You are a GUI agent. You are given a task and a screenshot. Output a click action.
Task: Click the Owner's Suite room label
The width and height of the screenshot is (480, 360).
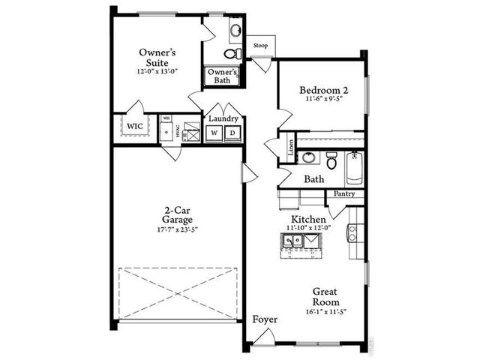tap(157, 58)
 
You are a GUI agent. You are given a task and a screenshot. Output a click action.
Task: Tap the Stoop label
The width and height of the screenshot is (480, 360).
tap(260, 45)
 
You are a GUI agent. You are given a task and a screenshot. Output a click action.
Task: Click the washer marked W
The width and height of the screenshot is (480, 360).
tap(214, 133)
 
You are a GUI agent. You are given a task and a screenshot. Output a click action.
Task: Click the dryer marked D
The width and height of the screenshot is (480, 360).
tap(232, 133)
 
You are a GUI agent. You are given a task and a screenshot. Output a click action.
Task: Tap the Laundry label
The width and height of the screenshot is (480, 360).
tap(223, 118)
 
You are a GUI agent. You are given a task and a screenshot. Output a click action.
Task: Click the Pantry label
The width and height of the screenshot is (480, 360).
tap(344, 193)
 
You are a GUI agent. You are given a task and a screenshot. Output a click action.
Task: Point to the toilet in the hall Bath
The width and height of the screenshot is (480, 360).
tap(331, 159)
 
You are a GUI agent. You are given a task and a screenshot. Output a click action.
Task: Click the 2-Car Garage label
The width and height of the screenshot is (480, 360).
tap(178, 214)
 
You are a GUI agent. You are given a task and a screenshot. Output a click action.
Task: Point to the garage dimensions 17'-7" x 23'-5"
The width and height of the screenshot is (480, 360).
tap(178, 229)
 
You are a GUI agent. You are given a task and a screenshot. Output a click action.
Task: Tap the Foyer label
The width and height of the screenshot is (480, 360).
tap(264, 320)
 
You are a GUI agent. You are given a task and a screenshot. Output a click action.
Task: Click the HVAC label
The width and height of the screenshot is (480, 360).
tap(178, 129)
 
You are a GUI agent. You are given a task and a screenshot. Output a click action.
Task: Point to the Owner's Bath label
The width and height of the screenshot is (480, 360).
tap(223, 76)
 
